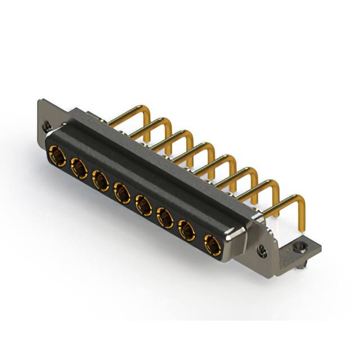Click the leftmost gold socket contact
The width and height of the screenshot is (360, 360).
pos(57,153)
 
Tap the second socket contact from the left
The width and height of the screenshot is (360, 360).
pos(78,167)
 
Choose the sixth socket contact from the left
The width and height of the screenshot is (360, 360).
pos(165,218)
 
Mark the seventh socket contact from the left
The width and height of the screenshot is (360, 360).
pos(187,230)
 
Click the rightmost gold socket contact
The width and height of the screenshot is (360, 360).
pos(211,245)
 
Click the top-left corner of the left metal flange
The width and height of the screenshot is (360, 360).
pos(39,102)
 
